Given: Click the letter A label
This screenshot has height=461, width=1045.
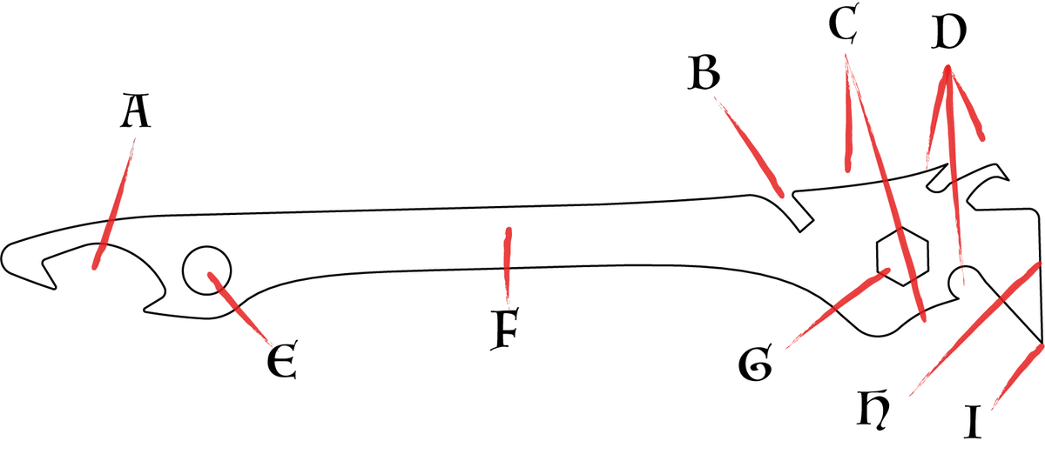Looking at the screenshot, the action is pos(136,111).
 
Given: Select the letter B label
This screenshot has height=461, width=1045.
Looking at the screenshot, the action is pos(705,72).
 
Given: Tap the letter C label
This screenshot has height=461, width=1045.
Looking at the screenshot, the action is pos(845,24).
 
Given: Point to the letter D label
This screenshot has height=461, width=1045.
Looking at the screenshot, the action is pos(949,32).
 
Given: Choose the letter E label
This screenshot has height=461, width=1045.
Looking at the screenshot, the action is pos(282,359).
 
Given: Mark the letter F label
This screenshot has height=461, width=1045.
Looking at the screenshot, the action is pos(505,329).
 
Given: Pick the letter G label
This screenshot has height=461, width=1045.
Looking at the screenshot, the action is pos(756,363).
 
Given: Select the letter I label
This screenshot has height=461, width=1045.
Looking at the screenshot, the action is pos(973,422).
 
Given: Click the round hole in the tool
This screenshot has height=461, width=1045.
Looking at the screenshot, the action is pos(206,271).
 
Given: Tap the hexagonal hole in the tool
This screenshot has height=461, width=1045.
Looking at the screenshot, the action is pos(903,257).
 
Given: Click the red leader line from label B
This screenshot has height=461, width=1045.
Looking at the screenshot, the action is pos(748,146).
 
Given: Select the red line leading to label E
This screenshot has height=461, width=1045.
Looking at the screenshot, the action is pos(240,309).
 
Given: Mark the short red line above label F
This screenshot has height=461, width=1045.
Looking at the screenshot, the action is pos(508,265).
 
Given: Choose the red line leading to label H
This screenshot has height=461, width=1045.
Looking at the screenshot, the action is pos(975,330).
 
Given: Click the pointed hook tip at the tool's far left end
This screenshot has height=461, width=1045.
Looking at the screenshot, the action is pos(55,289).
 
